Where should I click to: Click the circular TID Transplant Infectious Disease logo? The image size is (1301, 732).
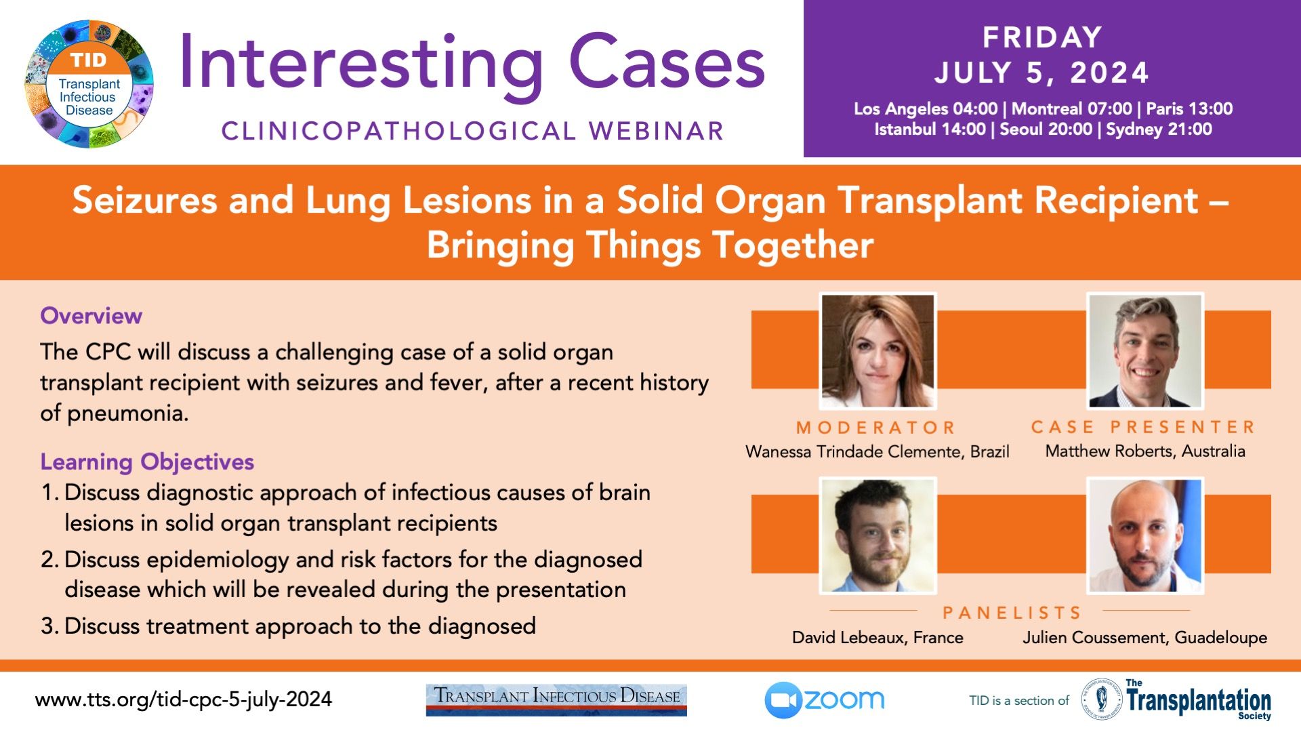click(89, 84)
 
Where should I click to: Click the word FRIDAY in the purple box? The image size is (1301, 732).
click(1042, 37)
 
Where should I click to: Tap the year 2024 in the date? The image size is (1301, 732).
click(1109, 73)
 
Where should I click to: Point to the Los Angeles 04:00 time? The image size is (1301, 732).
click(926, 108)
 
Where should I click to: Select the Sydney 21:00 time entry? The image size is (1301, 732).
click(1159, 129)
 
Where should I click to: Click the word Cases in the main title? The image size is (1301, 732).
click(667, 63)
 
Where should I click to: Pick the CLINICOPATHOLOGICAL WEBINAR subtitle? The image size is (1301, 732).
click(473, 131)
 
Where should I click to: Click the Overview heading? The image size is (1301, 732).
click(91, 316)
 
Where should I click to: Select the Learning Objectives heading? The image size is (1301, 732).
click(147, 462)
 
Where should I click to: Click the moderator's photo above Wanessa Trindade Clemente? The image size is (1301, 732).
click(877, 351)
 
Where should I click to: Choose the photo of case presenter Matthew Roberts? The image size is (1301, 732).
click(1145, 351)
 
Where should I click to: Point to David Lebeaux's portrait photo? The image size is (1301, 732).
click(877, 535)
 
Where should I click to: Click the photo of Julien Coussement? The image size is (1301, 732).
click(1145, 535)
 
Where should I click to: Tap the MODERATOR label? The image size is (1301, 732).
click(876, 428)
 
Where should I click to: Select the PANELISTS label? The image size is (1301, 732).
click(1012, 613)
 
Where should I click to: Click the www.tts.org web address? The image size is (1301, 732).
click(184, 699)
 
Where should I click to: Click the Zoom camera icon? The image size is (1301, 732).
click(783, 700)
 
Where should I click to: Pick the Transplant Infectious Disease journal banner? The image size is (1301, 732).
click(556, 700)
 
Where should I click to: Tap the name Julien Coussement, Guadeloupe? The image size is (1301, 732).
click(1144, 638)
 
